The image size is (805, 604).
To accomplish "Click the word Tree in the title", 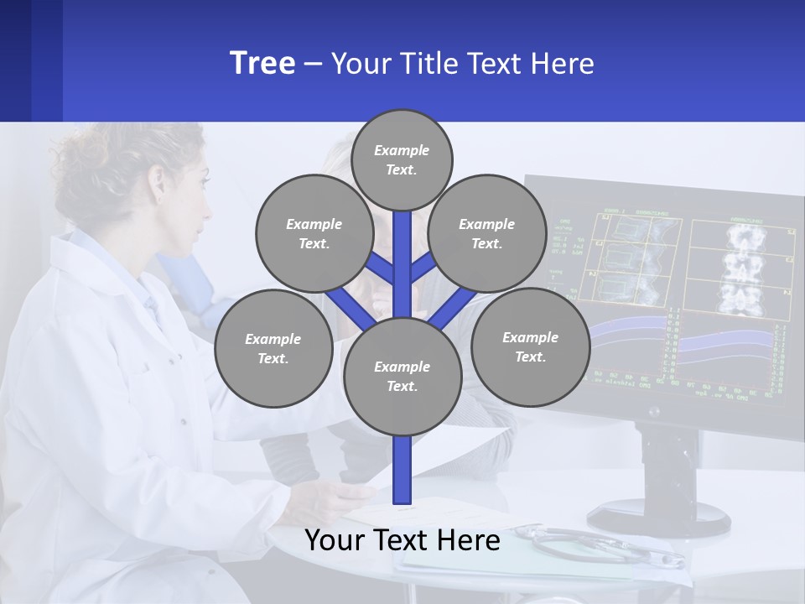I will coord(262,63).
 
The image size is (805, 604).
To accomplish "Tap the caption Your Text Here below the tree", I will coord(402,540).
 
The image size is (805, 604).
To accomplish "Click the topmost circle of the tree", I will coord(402,159).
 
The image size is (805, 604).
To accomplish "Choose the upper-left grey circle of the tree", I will coord(314,233).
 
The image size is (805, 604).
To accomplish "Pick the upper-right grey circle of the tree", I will coord(487,233).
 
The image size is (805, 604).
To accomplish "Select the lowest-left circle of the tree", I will coord(273,348).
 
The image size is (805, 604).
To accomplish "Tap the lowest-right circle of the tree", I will coord(530,346).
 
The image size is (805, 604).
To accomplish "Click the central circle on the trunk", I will coord(402,376).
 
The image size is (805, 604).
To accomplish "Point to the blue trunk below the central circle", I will coord(402,470).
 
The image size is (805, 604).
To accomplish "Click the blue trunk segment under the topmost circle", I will coord(402,252).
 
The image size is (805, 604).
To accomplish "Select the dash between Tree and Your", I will coord(313,64).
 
